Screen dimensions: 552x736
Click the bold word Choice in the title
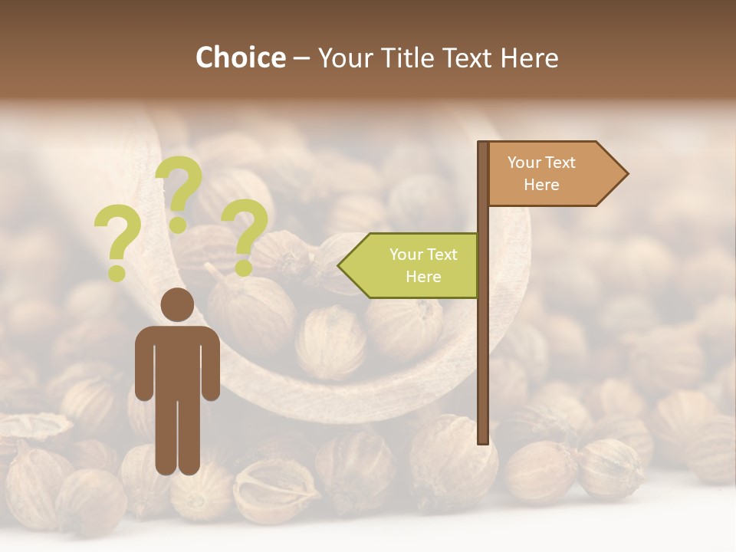click(x=240, y=58)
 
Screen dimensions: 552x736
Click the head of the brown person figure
click(x=177, y=304)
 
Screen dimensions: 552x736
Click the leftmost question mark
click(x=117, y=244)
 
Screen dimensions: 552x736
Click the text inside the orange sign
click(x=541, y=173)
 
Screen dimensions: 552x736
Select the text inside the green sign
click(x=423, y=265)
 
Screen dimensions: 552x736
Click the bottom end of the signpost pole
click(x=483, y=440)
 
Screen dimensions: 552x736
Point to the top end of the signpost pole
click(x=483, y=144)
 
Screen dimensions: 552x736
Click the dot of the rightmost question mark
click(x=243, y=268)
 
